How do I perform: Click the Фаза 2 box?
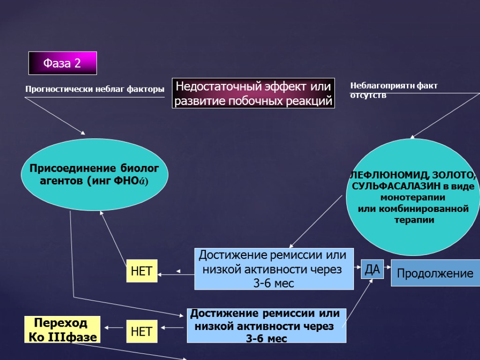coord(62,63)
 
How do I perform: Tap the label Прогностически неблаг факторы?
coord(94,89)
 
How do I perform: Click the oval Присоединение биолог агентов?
coord(94,174)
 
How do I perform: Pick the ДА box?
coord(372,269)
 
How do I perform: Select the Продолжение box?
coord(435,273)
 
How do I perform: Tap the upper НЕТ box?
coord(142,271)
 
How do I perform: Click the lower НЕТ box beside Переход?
coord(141,331)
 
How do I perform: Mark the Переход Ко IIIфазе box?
coord(63,330)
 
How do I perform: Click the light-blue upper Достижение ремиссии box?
coord(274,269)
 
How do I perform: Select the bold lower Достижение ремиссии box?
coord(266,325)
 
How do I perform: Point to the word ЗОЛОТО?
coord(455,175)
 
